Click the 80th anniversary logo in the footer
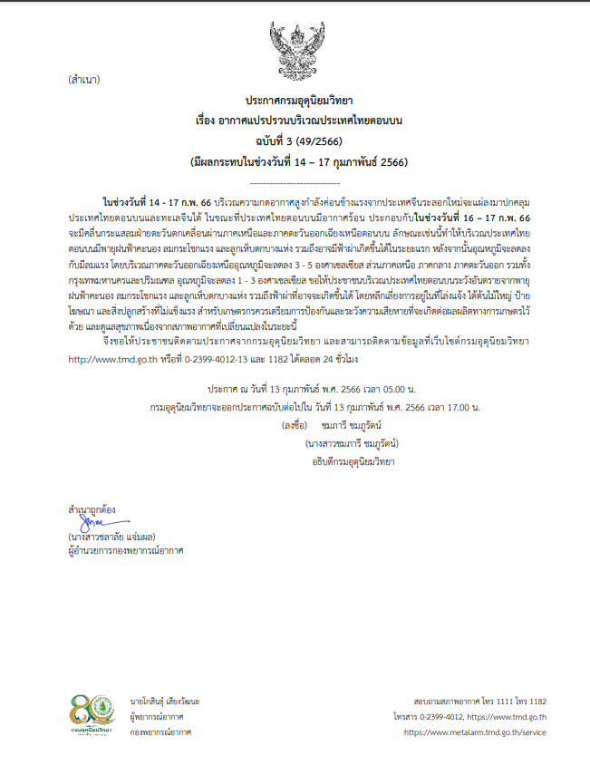tap(94, 716)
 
